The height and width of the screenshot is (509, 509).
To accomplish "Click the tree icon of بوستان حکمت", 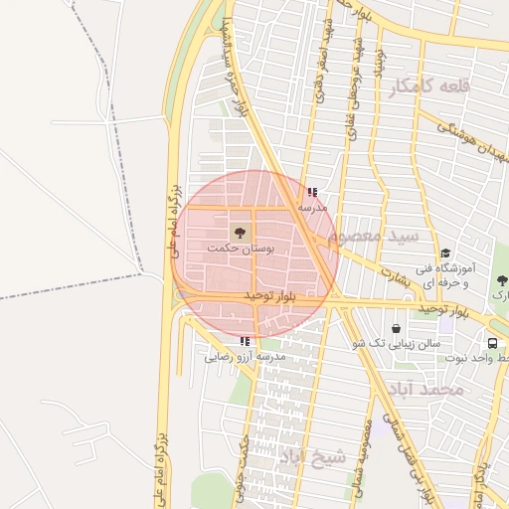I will tap(239, 231).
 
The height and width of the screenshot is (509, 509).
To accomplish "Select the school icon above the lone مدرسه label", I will tap(312, 193).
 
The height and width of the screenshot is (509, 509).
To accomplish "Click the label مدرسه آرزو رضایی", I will tap(246, 355).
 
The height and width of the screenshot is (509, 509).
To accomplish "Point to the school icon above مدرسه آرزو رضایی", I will tap(245, 341).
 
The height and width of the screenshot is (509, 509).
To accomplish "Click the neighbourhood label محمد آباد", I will tap(426, 389).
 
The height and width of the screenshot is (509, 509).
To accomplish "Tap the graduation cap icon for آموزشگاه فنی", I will tap(445, 254).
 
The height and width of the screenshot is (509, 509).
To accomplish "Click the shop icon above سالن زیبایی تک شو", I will tap(397, 328).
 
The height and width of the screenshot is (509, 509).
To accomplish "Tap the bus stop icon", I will tap(491, 343).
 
